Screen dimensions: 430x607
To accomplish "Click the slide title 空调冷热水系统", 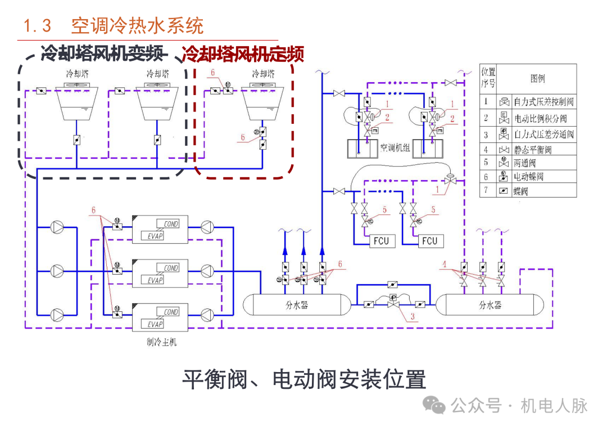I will click(137, 26).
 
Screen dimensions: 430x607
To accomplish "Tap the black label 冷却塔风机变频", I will click(105, 54).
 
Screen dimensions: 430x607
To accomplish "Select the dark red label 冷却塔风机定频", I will click(243, 55).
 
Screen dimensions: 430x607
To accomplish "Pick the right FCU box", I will click(429, 241).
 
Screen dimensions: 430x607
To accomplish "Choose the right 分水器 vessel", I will click(490, 306).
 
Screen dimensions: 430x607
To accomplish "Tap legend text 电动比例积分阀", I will click(541, 119).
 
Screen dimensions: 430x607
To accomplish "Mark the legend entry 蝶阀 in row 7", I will click(520, 191).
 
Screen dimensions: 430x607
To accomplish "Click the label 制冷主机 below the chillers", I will click(162, 342).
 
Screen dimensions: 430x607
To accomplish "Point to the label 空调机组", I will click(396, 149).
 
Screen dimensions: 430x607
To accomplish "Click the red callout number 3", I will click(412, 317).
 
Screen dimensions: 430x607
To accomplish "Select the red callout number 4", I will click(445, 263).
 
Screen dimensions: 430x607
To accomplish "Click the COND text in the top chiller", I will click(171, 224).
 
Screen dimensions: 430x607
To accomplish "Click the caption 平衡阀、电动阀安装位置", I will click(303, 380).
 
